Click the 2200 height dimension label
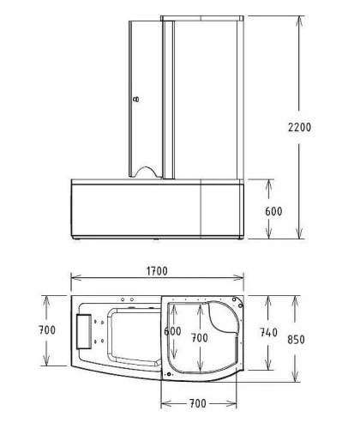[x=299, y=127]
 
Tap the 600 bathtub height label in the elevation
[x=273, y=211]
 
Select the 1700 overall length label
[x=157, y=271]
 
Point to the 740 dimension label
[x=268, y=333]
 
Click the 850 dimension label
[x=296, y=340]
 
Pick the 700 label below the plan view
[x=198, y=403]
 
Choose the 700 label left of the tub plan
[x=47, y=330]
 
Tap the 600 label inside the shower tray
[x=172, y=331]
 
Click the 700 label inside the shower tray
[x=200, y=338]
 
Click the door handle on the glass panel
[x=136, y=100]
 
